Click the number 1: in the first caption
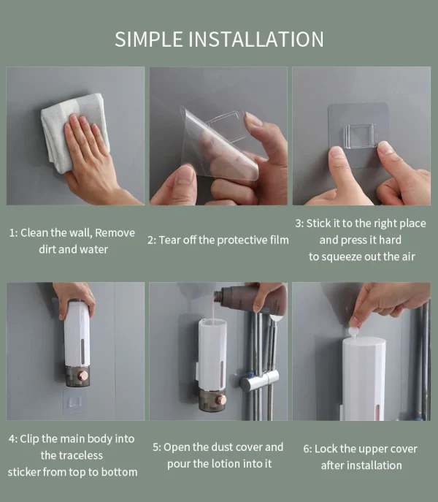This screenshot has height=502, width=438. tap(13, 233)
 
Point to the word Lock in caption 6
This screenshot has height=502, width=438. tap(326, 449)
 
